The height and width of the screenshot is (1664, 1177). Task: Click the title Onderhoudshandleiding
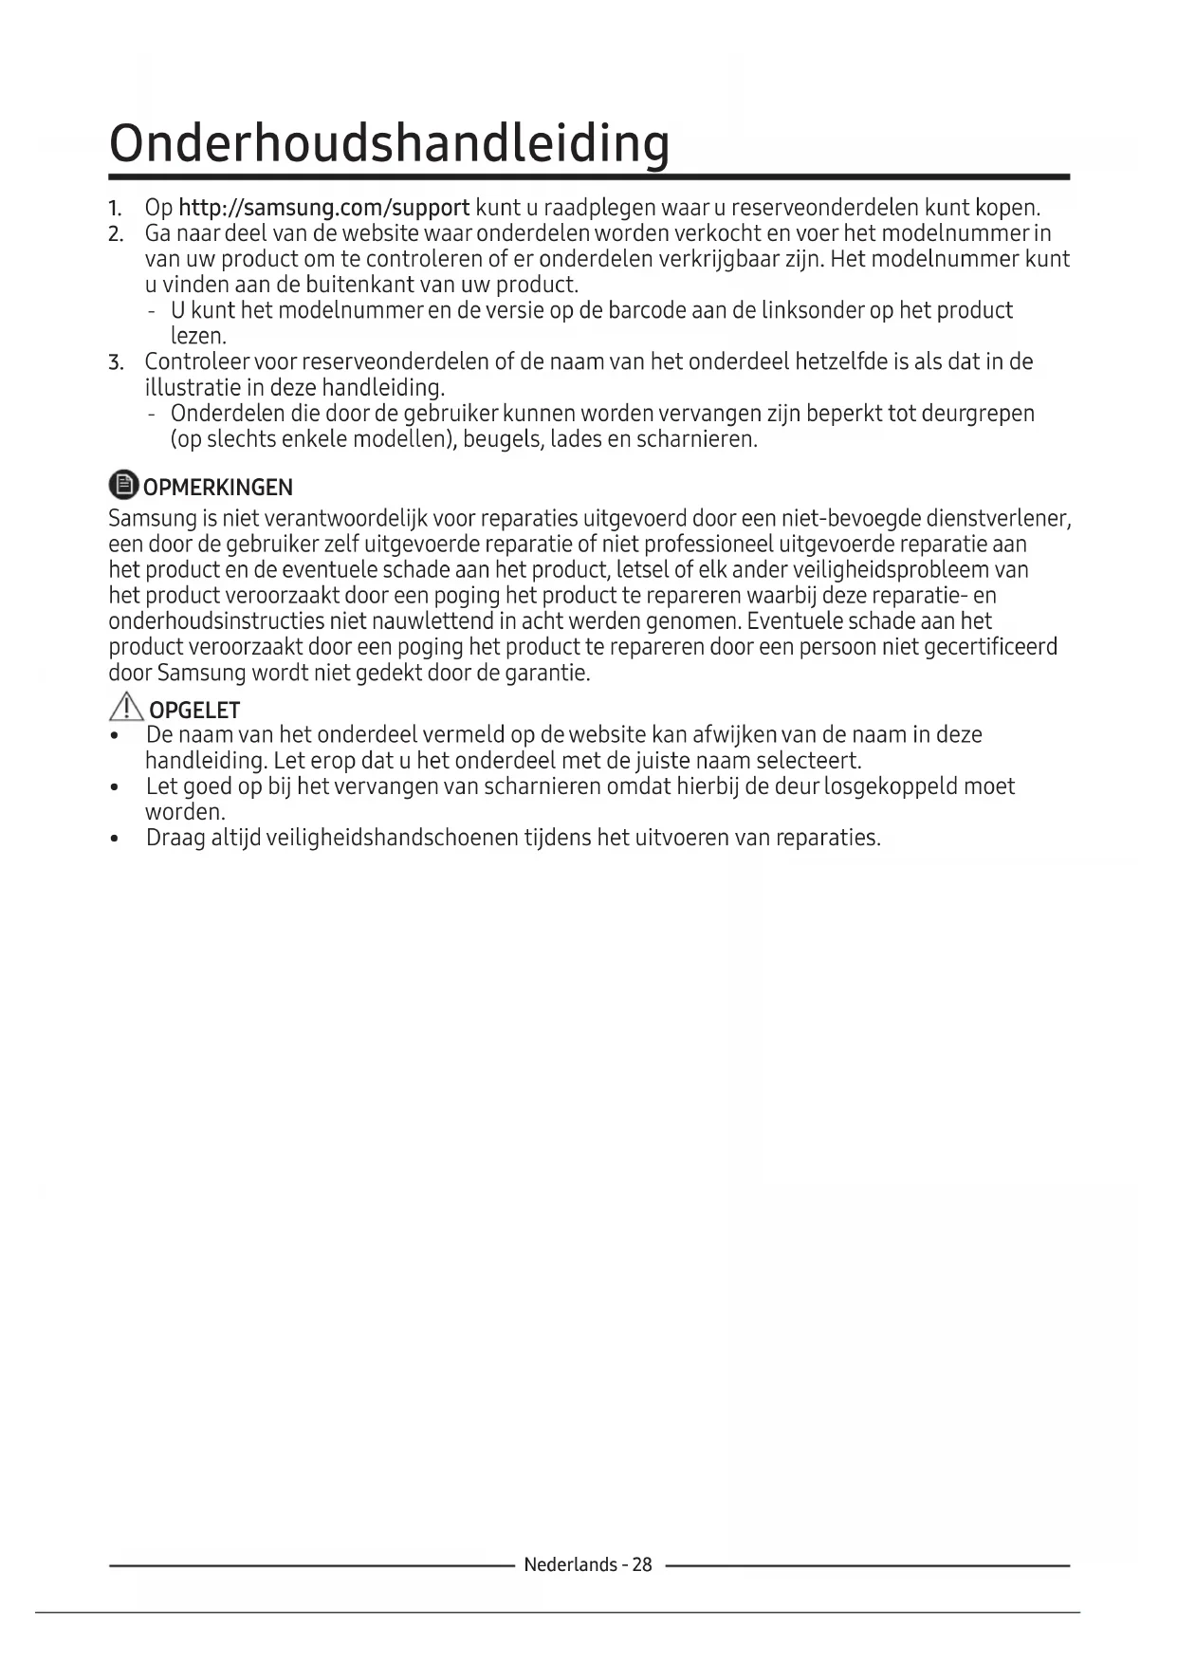point(389,143)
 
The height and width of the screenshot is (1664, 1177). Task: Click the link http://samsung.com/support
point(323,208)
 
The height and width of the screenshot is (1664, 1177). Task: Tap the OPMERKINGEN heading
point(217,488)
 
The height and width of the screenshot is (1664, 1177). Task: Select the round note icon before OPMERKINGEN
point(123,485)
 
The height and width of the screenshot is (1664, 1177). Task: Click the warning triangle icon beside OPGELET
point(125,707)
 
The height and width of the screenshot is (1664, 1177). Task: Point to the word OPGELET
point(194,711)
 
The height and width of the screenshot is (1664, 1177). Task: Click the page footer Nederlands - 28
point(588,1564)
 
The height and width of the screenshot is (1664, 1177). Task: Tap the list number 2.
point(115,234)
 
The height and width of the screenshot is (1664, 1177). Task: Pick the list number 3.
point(115,363)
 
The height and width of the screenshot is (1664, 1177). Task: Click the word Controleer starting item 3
point(196,362)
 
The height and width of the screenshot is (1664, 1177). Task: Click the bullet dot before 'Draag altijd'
point(115,840)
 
